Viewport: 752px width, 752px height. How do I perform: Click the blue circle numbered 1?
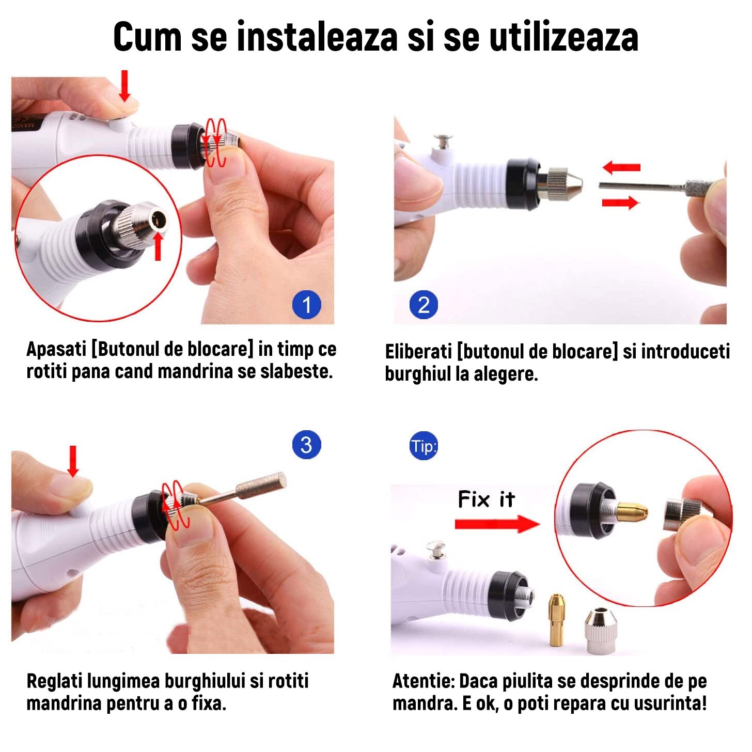306,305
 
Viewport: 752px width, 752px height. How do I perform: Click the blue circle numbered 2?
424,305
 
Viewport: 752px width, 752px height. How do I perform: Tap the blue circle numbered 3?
306,445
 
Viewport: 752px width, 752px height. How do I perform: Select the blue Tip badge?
424,446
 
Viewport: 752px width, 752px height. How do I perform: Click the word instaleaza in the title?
317,37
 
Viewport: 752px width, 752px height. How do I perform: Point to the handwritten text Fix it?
486,499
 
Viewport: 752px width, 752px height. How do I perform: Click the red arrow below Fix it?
496,524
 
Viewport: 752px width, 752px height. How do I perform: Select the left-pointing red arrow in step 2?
621,167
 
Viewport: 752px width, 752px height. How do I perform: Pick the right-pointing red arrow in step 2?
620,202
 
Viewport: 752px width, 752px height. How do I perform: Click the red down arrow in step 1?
124,86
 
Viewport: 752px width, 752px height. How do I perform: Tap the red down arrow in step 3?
73,461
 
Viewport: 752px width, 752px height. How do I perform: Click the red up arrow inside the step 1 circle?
158,247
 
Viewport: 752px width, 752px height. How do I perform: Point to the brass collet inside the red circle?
631,510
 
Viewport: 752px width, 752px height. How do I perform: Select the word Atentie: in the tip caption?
424,681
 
